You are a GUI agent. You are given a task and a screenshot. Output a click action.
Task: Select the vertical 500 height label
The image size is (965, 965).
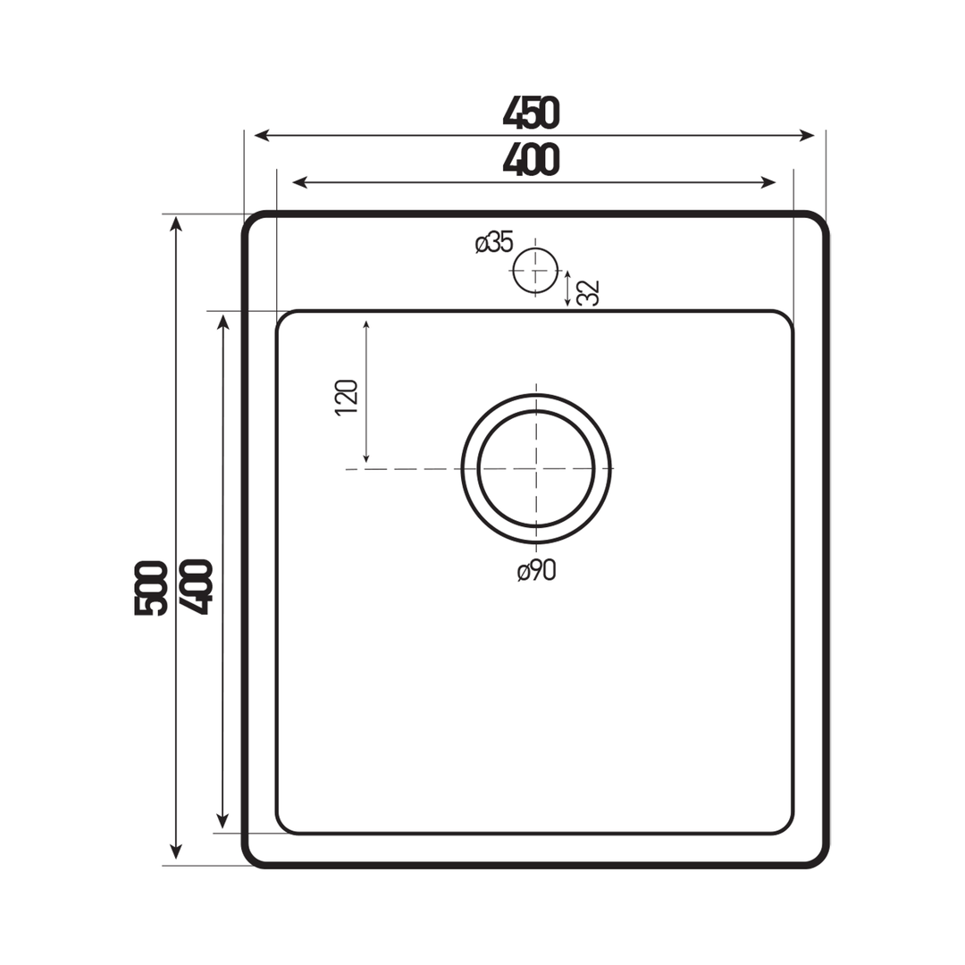pos(151,587)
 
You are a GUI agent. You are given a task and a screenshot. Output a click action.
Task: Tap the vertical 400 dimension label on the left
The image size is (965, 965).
pos(196,586)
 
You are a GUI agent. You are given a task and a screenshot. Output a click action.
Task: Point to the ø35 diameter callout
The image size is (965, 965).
pos(494,242)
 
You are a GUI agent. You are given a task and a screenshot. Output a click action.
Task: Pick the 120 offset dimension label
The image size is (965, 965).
pos(347,398)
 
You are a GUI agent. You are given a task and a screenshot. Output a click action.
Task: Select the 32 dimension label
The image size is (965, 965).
pos(588,292)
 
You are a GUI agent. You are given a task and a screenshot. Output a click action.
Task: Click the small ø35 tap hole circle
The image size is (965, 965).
pos(535,270)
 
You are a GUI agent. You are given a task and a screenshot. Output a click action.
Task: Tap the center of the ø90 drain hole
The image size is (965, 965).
pos(536,468)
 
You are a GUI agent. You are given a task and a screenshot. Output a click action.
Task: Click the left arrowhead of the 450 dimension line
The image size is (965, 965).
pos(262,136)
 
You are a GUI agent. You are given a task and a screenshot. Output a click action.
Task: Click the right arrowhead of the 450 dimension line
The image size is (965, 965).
pos(807,136)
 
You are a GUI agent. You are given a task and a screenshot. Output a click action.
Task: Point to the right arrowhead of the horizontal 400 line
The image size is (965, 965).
pos(768,182)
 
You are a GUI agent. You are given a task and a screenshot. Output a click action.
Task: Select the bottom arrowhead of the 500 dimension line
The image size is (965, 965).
pos(176,852)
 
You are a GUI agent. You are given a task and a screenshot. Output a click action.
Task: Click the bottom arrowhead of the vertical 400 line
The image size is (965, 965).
pos(222,821)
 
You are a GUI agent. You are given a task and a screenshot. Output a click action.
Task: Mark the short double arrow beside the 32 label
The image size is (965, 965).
pos(567,288)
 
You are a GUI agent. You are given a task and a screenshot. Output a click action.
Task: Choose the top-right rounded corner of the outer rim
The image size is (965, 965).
pos(815,225)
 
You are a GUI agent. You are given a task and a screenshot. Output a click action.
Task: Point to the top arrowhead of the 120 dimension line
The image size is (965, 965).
pos(366,324)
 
